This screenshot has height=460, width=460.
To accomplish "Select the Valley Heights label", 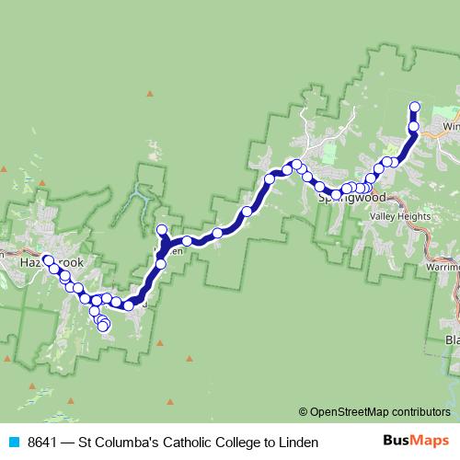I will tap(400, 216).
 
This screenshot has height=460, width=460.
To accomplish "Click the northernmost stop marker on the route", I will tap(414, 107).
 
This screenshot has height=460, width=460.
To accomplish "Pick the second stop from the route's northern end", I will tap(414, 126).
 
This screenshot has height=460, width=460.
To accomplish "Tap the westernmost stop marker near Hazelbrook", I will tap(47, 260).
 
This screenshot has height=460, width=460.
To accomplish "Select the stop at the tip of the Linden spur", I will tap(162, 230).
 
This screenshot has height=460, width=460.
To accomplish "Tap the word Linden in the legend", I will tap(297, 443).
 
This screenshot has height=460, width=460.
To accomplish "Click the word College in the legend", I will tap(232, 443).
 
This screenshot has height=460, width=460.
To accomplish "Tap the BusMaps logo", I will tap(415, 442).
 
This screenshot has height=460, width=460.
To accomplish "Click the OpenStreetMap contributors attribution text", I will tap(380, 411).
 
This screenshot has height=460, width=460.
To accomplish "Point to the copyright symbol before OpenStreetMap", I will tap(303, 411).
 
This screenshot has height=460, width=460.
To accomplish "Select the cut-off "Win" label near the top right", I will tap(451, 126).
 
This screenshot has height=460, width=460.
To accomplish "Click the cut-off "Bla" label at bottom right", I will tap(452, 340).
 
